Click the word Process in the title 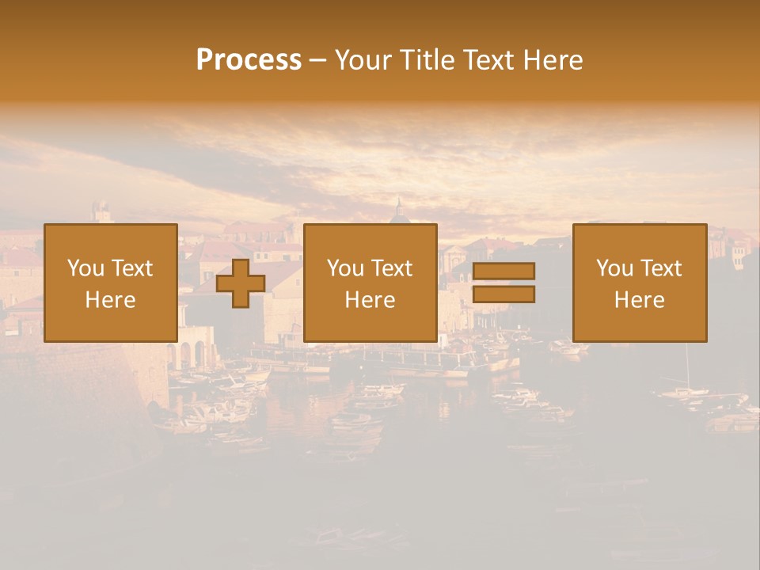(x=249, y=60)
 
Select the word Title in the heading (x=428, y=60)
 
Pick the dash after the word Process (x=317, y=61)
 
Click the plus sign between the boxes (x=241, y=283)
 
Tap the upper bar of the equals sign (x=503, y=271)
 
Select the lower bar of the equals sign (x=503, y=294)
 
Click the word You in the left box (x=85, y=268)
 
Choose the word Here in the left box (x=110, y=300)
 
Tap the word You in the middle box (x=345, y=268)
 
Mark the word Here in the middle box (x=370, y=300)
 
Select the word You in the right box (x=614, y=268)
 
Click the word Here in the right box (x=639, y=300)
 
